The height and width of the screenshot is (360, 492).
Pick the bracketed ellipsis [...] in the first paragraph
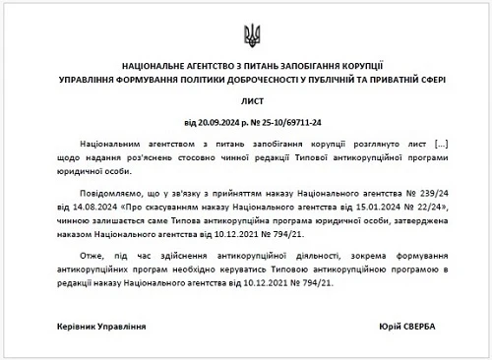click(435, 145)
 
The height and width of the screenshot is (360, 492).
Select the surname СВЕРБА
click(425, 325)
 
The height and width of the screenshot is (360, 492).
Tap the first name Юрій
click(388, 325)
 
